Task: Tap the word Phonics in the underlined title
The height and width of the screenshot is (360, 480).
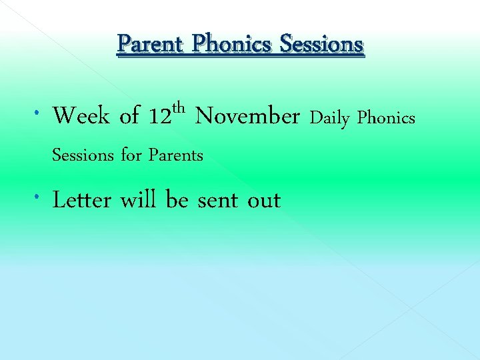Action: (x=233, y=45)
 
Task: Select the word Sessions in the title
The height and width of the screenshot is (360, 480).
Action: (x=322, y=45)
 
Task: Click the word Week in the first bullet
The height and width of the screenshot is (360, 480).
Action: (x=81, y=117)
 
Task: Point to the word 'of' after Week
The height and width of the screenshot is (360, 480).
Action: (x=129, y=117)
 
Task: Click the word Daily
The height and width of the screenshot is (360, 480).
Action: (x=330, y=119)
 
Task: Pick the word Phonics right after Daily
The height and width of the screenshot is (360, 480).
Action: (x=386, y=119)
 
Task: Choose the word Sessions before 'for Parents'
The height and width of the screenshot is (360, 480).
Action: (x=83, y=156)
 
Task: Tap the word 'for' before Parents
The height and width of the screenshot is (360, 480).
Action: (x=131, y=156)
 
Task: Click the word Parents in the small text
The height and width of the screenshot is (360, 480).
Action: (x=176, y=156)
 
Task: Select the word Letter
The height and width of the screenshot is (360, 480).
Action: (x=82, y=200)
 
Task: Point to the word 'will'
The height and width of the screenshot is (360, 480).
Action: (x=139, y=200)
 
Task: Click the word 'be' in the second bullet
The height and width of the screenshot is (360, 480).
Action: (x=177, y=200)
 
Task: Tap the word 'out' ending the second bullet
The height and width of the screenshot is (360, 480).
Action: (x=264, y=201)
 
